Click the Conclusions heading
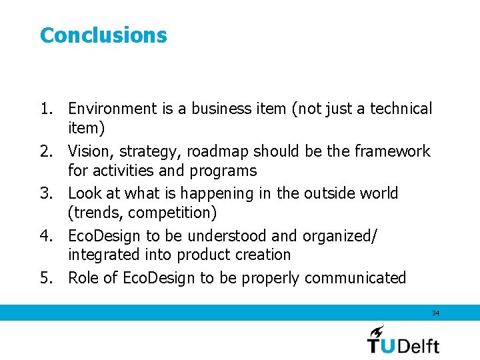[103, 35]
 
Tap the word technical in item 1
[401, 109]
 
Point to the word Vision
[90, 151]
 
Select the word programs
[223, 171]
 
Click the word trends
[97, 213]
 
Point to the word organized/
[340, 236]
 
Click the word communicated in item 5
[353, 278]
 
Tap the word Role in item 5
[83, 278]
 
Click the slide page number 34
[435, 313]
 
